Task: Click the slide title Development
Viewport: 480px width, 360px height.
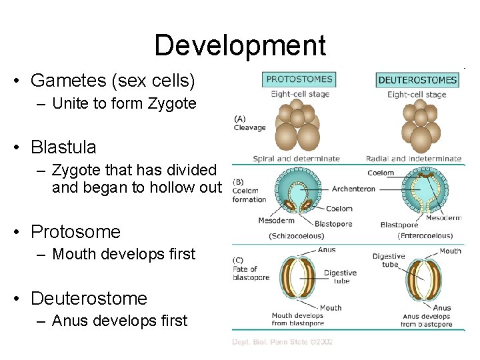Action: pos(240,45)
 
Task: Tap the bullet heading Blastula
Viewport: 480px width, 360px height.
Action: pos(63,147)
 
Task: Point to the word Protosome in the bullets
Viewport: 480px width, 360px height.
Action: pos(75,232)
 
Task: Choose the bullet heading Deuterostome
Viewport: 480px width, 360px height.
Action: pos(89,298)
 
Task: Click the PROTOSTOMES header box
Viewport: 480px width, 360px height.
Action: pos(299,79)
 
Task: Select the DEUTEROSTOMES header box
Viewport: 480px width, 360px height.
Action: pos(417,80)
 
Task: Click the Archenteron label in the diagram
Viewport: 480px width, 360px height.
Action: pos(353,189)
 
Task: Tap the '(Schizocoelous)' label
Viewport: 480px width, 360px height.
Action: pos(297,235)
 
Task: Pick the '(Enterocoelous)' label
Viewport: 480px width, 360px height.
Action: pos(425,235)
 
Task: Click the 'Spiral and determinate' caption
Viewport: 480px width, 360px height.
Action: pos(297,159)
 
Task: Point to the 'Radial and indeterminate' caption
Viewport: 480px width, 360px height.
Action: pos(413,159)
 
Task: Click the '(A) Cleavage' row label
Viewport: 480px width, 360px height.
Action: pos(249,123)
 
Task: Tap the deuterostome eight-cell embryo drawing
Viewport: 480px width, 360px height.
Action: pos(421,127)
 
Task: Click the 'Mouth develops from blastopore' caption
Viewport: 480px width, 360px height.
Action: pos(298,320)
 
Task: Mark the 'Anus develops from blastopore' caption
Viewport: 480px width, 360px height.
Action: pos(427,320)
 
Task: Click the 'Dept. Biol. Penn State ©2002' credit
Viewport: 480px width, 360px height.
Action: pos(282,342)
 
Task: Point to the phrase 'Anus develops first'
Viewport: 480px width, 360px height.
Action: pos(119,321)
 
